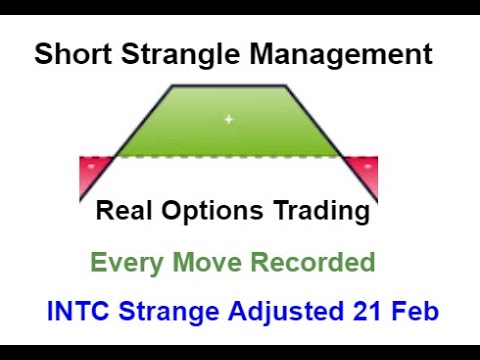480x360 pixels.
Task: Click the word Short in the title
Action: pyautogui.click(x=69, y=53)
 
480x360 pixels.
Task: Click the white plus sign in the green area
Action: pyautogui.click(x=228, y=120)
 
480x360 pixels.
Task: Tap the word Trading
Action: pyautogui.click(x=319, y=212)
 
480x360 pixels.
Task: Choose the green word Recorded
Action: pyautogui.click(x=312, y=263)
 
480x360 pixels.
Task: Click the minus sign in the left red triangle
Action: pyautogui.click(x=92, y=162)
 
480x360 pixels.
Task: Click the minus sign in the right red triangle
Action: pyautogui.click(x=369, y=162)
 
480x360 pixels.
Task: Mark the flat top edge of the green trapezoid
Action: pyautogui.click(x=229, y=86)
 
